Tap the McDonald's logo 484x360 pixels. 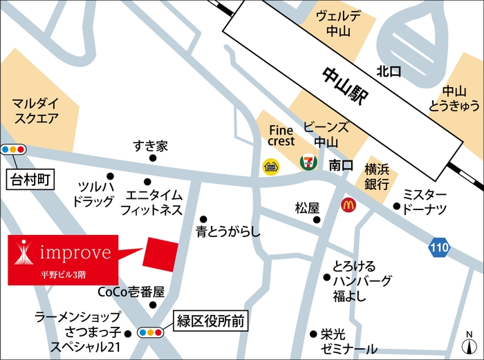[x=348, y=205]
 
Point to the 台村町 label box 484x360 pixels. [x=30, y=181]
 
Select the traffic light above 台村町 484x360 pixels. [x=13, y=149]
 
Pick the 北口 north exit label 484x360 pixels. [x=389, y=71]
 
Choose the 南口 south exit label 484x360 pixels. [x=341, y=166]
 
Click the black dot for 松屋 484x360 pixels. [x=317, y=220]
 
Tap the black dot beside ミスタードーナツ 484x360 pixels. [x=397, y=206]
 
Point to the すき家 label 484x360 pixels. [x=151, y=146]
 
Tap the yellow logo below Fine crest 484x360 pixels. [x=270, y=166]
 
